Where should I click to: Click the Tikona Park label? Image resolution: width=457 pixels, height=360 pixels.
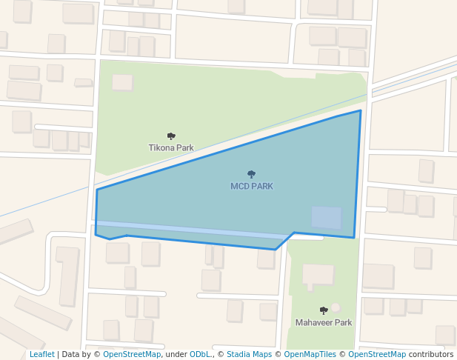(x=171, y=147)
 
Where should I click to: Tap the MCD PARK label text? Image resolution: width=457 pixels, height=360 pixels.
(x=252, y=186)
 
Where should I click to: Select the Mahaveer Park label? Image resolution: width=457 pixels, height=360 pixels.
(x=324, y=322)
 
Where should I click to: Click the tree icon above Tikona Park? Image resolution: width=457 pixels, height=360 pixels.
(x=171, y=136)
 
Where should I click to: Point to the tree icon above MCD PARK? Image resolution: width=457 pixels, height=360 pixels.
(x=252, y=175)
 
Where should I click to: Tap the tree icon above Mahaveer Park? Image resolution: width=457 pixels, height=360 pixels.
(x=324, y=310)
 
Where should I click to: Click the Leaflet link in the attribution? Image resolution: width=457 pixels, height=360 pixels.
(x=41, y=354)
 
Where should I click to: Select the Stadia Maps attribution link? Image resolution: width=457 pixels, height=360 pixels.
(x=249, y=354)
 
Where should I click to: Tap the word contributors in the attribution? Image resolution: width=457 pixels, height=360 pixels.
(x=430, y=354)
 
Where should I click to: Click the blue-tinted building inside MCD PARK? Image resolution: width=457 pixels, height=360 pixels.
(x=326, y=217)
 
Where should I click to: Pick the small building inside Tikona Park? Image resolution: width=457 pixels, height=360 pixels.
(x=122, y=82)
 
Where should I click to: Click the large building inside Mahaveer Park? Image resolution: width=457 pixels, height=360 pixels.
(x=318, y=274)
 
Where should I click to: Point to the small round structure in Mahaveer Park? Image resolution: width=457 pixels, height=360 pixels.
(x=336, y=307)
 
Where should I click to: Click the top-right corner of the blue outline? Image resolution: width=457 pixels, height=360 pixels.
(x=361, y=111)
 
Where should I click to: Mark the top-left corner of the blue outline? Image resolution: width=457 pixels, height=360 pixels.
(x=97, y=190)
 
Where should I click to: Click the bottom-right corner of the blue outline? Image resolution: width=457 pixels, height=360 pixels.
(x=354, y=238)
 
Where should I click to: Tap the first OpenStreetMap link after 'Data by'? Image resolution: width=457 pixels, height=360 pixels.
(x=132, y=354)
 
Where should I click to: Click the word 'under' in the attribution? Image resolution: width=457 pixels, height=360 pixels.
(x=176, y=354)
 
